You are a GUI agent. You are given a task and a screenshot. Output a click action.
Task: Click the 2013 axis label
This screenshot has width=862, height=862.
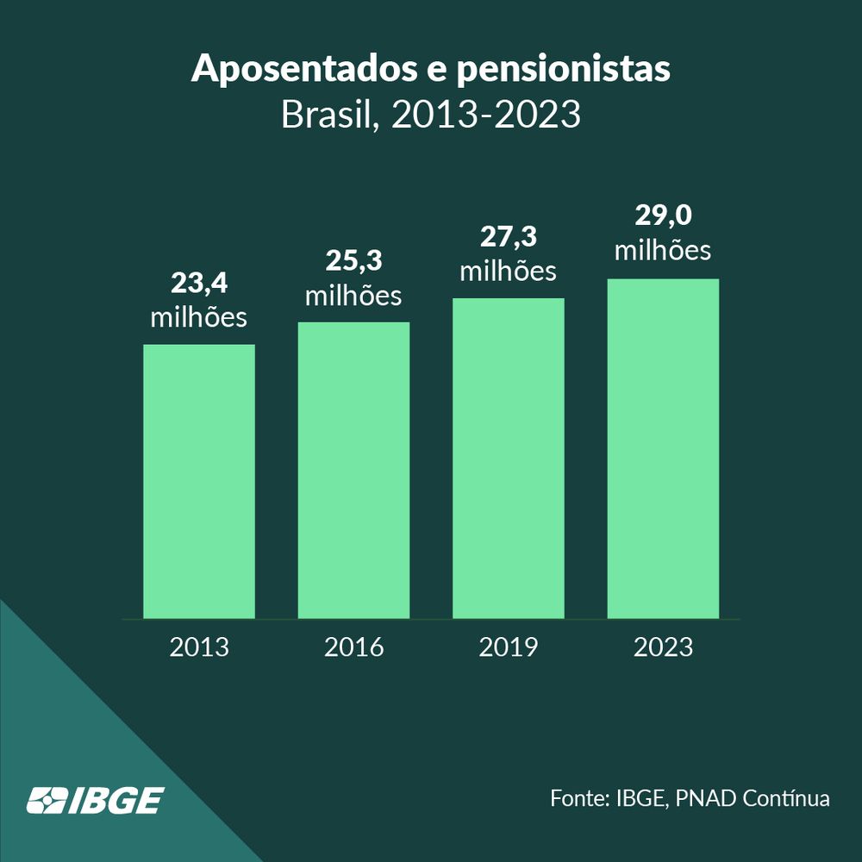(x=199, y=646)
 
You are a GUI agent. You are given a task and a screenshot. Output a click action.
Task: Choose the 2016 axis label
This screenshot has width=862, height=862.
(x=353, y=646)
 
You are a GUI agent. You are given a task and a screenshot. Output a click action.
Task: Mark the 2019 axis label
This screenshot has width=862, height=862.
(x=508, y=646)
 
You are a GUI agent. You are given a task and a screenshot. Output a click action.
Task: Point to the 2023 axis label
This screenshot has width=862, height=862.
(x=663, y=646)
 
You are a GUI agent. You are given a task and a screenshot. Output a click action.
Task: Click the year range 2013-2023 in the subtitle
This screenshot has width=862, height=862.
(x=486, y=116)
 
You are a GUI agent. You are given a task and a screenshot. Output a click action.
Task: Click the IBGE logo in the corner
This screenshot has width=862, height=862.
(x=94, y=800)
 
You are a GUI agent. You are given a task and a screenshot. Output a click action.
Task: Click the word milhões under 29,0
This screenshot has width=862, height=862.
(x=663, y=250)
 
